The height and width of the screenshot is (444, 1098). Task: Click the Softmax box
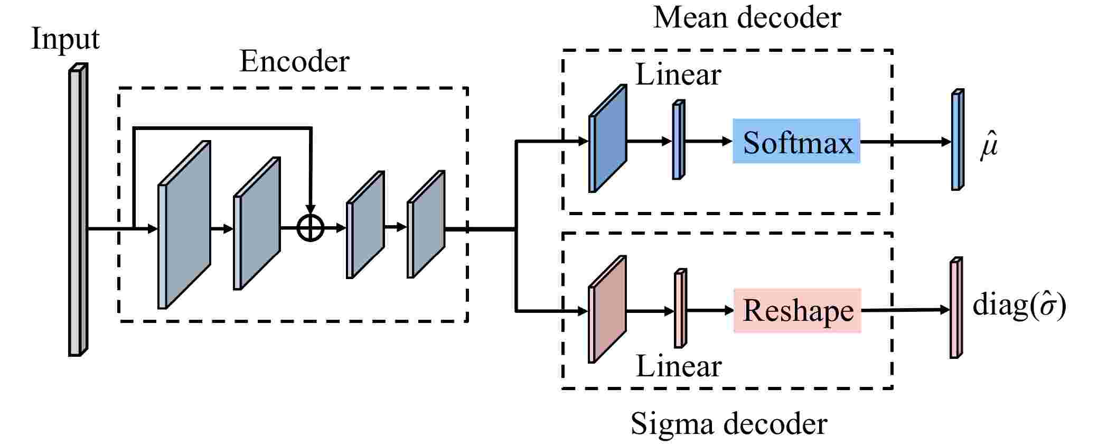click(796, 141)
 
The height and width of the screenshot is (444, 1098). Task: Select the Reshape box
click(797, 310)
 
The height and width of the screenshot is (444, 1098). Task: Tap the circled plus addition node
click(311, 228)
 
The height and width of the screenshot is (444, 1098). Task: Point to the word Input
click(65, 39)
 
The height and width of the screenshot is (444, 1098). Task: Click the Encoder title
click(294, 61)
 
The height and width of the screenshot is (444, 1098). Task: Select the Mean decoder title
click(746, 17)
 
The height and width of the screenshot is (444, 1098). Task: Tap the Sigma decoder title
click(729, 423)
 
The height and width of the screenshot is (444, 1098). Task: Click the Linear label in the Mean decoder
click(678, 75)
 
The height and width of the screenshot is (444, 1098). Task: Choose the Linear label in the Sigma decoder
click(678, 366)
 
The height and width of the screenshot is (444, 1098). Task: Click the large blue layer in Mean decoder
click(607, 138)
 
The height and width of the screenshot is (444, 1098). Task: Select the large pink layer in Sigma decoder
click(607, 310)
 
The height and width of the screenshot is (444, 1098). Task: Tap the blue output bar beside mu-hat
click(956, 140)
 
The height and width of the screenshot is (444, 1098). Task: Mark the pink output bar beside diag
click(955, 308)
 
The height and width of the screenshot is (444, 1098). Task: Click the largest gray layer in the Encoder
click(184, 225)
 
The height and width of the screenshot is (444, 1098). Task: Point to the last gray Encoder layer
click(426, 224)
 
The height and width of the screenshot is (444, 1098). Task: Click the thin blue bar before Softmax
click(678, 140)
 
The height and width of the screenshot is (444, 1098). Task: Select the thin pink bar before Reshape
click(680, 309)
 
